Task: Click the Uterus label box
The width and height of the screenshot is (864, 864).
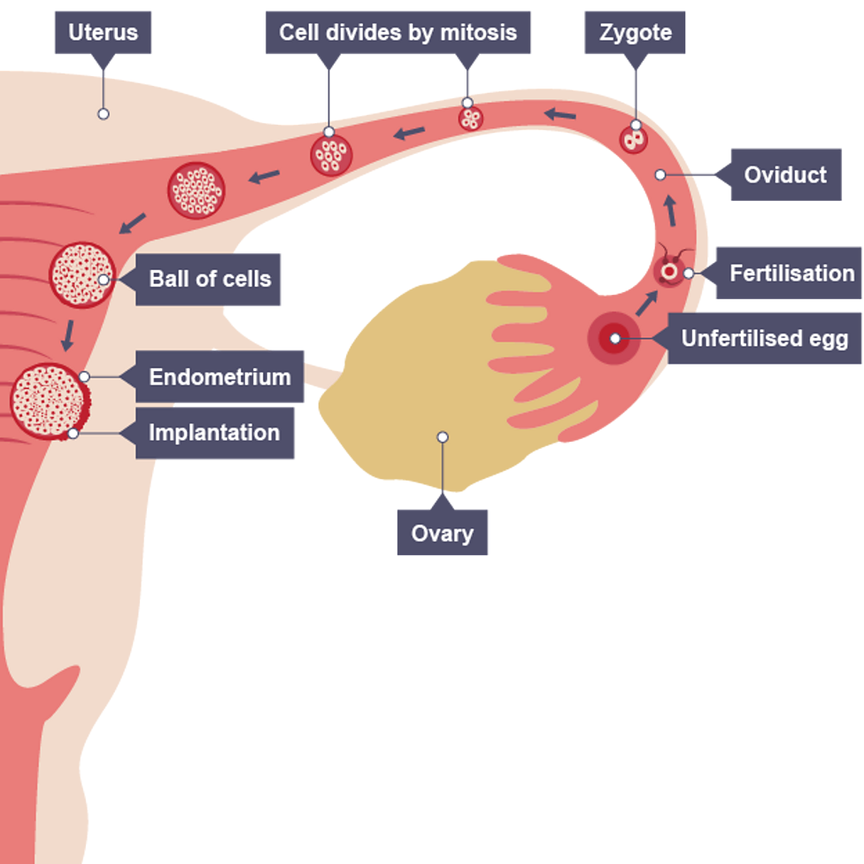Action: [x=104, y=34]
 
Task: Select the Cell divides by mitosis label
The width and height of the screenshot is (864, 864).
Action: [x=397, y=34]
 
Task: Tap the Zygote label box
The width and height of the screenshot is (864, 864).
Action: [x=635, y=34]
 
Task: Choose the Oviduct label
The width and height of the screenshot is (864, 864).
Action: [x=784, y=175]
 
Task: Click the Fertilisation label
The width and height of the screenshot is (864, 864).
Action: [x=791, y=273]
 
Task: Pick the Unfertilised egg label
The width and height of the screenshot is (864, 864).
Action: [x=764, y=338]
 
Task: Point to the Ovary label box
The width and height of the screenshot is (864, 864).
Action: [x=442, y=534]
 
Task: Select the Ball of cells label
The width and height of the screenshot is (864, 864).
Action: [x=209, y=279]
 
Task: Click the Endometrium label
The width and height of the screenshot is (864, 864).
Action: [x=220, y=377]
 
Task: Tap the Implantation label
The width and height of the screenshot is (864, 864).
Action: [x=214, y=433]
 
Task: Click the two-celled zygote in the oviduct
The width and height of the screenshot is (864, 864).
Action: [x=633, y=139]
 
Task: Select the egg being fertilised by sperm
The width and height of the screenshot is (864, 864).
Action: [x=669, y=272]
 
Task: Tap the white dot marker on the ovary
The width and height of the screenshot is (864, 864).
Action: [x=443, y=436]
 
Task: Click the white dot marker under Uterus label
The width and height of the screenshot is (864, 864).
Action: [x=104, y=114]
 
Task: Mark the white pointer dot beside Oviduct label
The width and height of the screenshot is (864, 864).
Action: [x=660, y=175]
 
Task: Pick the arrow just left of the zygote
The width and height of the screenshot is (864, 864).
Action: [x=559, y=113]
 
